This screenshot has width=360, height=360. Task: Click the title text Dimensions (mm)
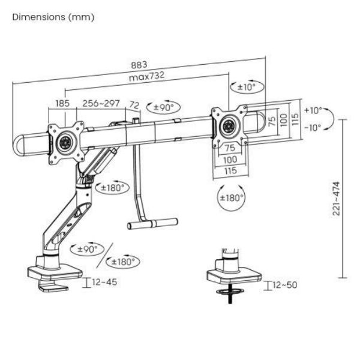tap(53, 17)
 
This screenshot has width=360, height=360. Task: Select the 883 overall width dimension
tap(139, 65)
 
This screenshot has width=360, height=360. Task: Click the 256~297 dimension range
tap(101, 104)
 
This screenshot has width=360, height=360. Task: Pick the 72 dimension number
tap(134, 105)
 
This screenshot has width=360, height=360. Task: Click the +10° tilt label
tap(312, 110)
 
